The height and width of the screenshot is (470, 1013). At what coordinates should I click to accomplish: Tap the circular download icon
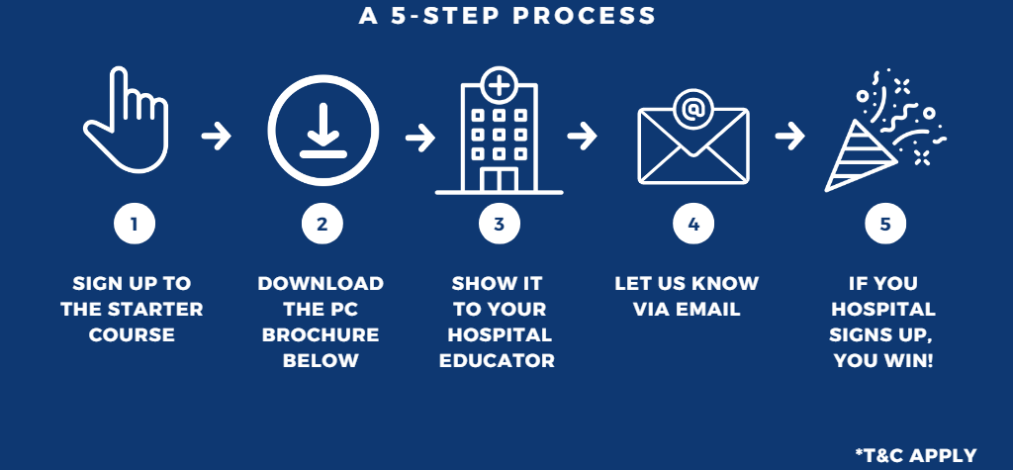click(x=322, y=127)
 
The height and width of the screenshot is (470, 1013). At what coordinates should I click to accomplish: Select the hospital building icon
click(x=499, y=134)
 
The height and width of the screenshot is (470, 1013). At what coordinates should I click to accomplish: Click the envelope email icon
click(x=692, y=139)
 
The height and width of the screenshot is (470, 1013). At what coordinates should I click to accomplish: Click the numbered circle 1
click(x=134, y=225)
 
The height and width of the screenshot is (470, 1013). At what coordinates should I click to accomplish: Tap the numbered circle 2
click(x=322, y=225)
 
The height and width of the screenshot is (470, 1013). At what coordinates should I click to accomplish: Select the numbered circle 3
click(x=499, y=225)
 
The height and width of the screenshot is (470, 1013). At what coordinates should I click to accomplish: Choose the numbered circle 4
click(x=692, y=225)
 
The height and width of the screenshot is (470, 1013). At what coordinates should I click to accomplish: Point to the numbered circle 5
click(x=884, y=225)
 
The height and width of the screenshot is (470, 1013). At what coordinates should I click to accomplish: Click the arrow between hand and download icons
click(x=216, y=136)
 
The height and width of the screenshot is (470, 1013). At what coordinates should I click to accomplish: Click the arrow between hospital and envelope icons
click(x=583, y=136)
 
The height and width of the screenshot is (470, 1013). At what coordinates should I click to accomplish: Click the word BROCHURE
click(x=321, y=334)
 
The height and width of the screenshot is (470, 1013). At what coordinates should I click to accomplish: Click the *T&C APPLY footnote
click(x=915, y=454)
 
